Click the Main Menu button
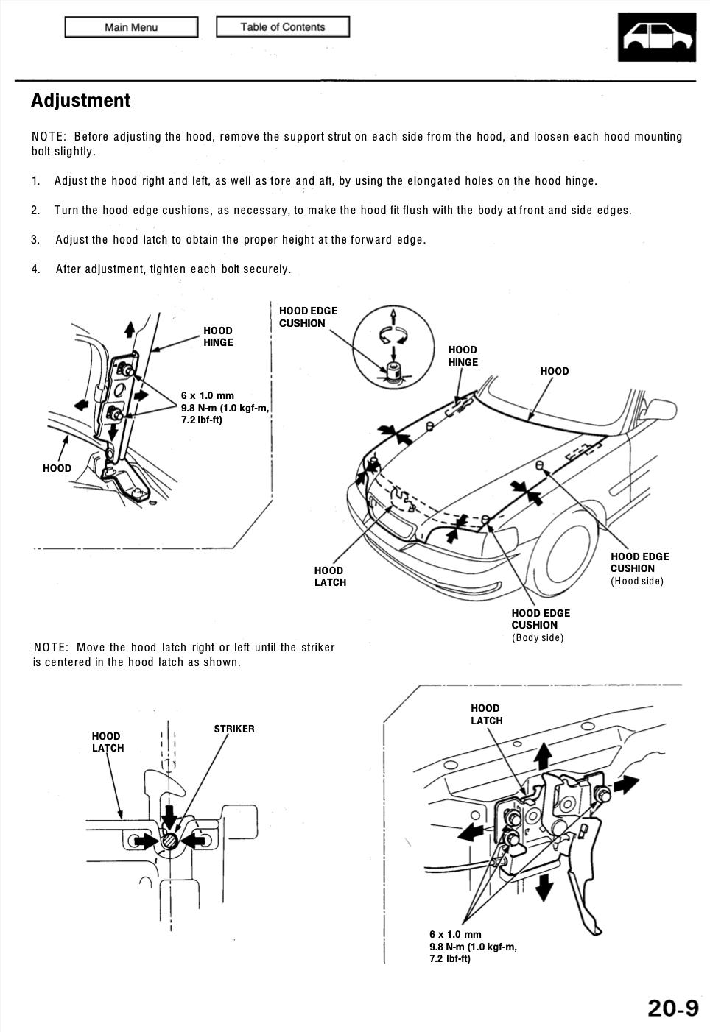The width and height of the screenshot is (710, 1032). coord(131,27)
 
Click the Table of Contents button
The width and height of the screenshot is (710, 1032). coord(282,27)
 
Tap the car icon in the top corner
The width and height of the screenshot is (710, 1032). coord(657,36)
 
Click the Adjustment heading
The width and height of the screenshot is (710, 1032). coord(80,101)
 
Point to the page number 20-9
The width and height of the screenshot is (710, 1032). coord(672,1007)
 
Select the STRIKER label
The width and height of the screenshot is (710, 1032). coord(234,729)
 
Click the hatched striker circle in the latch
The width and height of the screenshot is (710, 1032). coord(170,841)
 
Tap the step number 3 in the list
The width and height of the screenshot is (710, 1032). coord(35,240)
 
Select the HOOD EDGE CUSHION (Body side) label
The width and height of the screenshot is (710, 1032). coord(541,625)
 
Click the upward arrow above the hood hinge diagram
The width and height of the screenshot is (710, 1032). coord(130,328)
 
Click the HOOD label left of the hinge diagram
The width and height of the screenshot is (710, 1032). coord(57,468)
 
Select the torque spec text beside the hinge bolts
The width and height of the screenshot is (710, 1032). coord(224,408)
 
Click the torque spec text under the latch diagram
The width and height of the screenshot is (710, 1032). coord(473,947)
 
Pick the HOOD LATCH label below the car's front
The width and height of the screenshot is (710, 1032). coord(329,576)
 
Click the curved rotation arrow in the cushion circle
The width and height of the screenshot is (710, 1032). coord(393,336)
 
